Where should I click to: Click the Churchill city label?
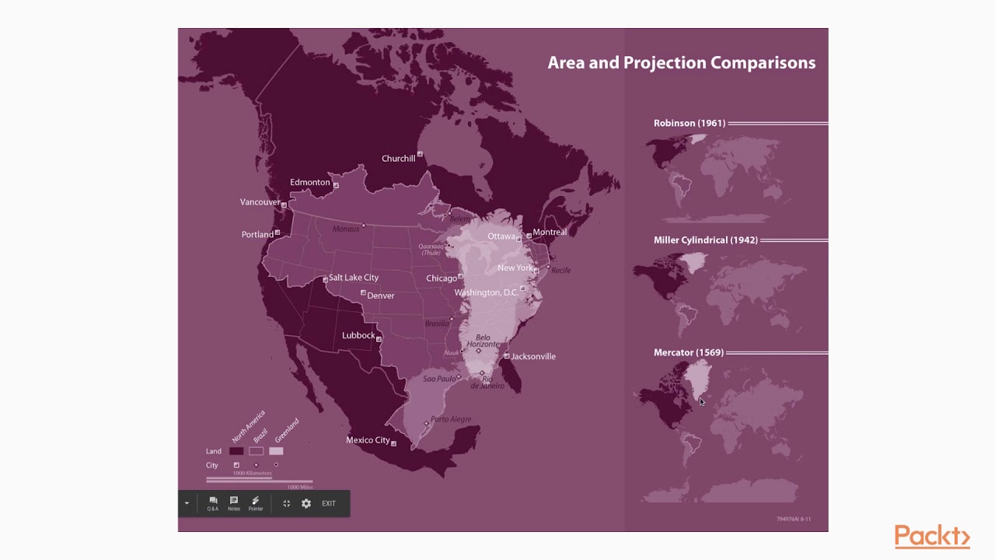coord(399,159)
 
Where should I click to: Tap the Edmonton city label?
coord(310,183)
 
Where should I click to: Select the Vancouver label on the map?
coord(260,202)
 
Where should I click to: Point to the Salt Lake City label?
coord(354,278)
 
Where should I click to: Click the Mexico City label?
coord(368,440)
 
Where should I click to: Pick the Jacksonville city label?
coord(533,357)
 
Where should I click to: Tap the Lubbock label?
coord(358,336)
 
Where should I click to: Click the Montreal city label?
coord(550,233)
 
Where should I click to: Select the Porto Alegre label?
coord(451,419)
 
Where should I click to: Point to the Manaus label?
coord(346,229)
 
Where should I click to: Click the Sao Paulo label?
coord(439,379)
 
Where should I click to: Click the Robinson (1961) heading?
coord(690,123)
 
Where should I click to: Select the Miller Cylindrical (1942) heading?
coord(706,240)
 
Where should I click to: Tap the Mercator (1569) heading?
coord(689,352)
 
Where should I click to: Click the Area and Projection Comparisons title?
coord(682,63)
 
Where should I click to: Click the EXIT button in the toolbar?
coord(329,504)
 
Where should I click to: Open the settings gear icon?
coord(306,504)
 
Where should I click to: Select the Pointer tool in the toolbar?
coord(256,504)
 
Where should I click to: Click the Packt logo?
coord(932,537)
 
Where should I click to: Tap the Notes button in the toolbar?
coord(234,504)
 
